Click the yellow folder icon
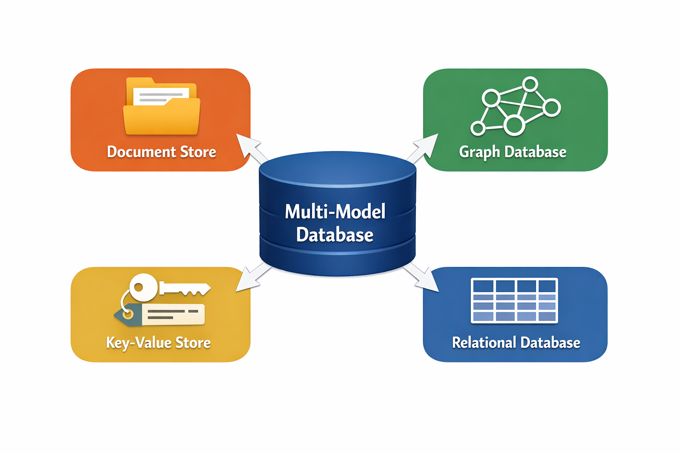pyautogui.click(x=161, y=106)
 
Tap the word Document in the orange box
pyautogui.click(x=141, y=152)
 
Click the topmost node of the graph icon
pyautogui.click(x=530, y=84)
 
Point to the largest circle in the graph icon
pyautogui.click(x=514, y=125)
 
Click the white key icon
pyautogui.click(x=169, y=287)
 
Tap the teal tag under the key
pyautogui.click(x=128, y=315)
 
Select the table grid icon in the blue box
pyautogui.click(x=514, y=301)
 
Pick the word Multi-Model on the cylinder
pyautogui.click(x=335, y=211)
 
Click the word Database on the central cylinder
pyautogui.click(x=335, y=235)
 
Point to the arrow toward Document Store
pyautogui.click(x=251, y=149)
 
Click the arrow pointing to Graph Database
pyautogui.click(x=423, y=148)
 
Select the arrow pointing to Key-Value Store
pyautogui.click(x=253, y=278)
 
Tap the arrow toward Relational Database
pyautogui.click(x=421, y=278)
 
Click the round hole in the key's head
pyautogui.click(x=139, y=287)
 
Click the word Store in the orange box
pyautogui.click(x=198, y=152)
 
